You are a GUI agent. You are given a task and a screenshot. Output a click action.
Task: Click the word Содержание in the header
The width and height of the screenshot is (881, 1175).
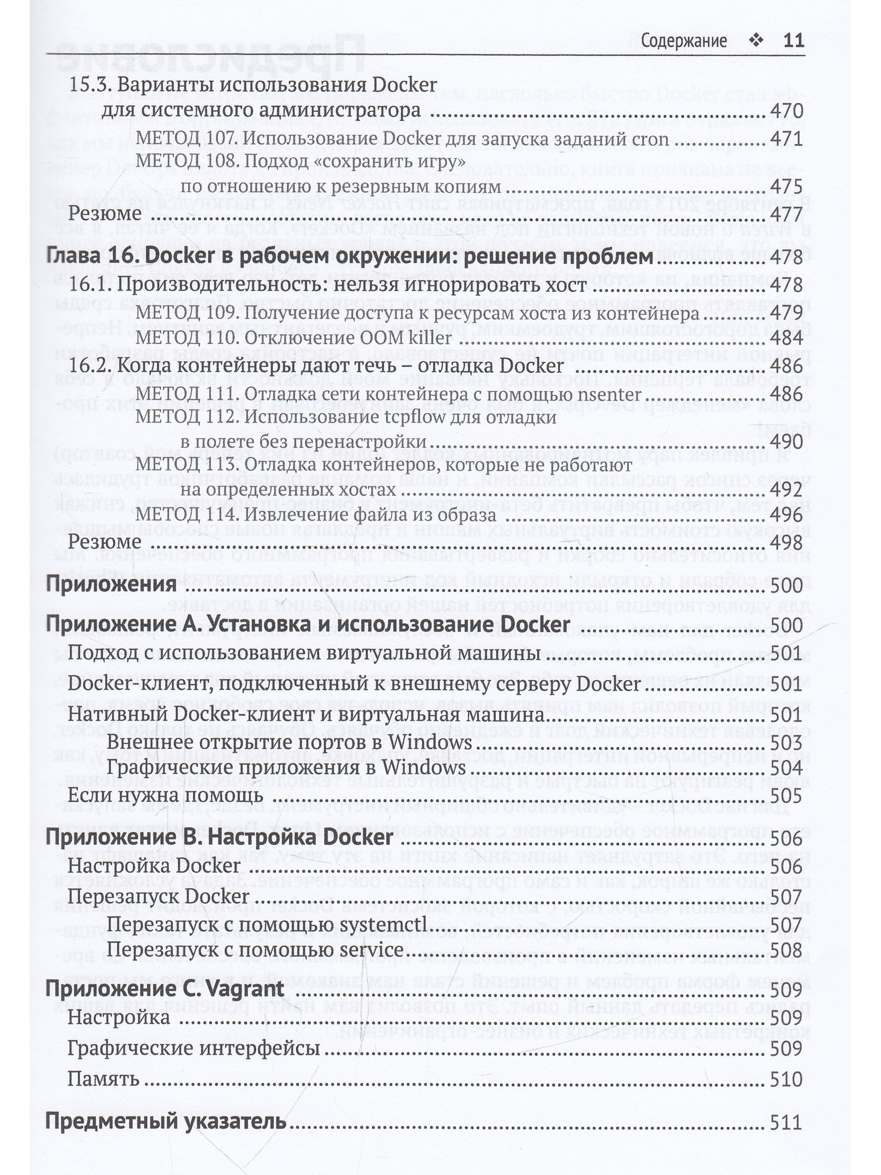pos(683,41)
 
